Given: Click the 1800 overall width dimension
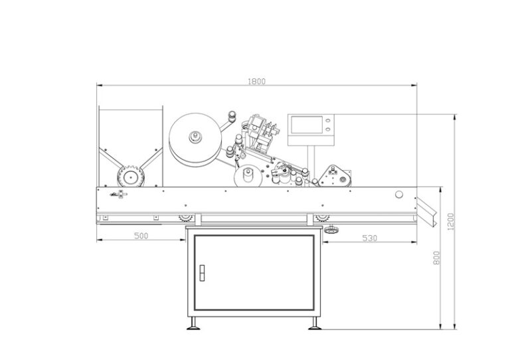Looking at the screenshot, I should tap(256, 81).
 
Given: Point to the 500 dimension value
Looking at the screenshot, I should tap(140, 236).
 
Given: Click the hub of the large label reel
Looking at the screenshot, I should tap(195, 138).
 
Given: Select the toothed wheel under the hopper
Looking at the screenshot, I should tap(127, 177).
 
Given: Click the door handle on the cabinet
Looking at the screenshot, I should tap(203, 272).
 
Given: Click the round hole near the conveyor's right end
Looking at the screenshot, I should tap(398, 195).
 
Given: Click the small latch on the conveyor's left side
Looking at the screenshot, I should tap(120, 194).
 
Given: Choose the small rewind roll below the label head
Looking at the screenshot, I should tap(247, 177).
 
